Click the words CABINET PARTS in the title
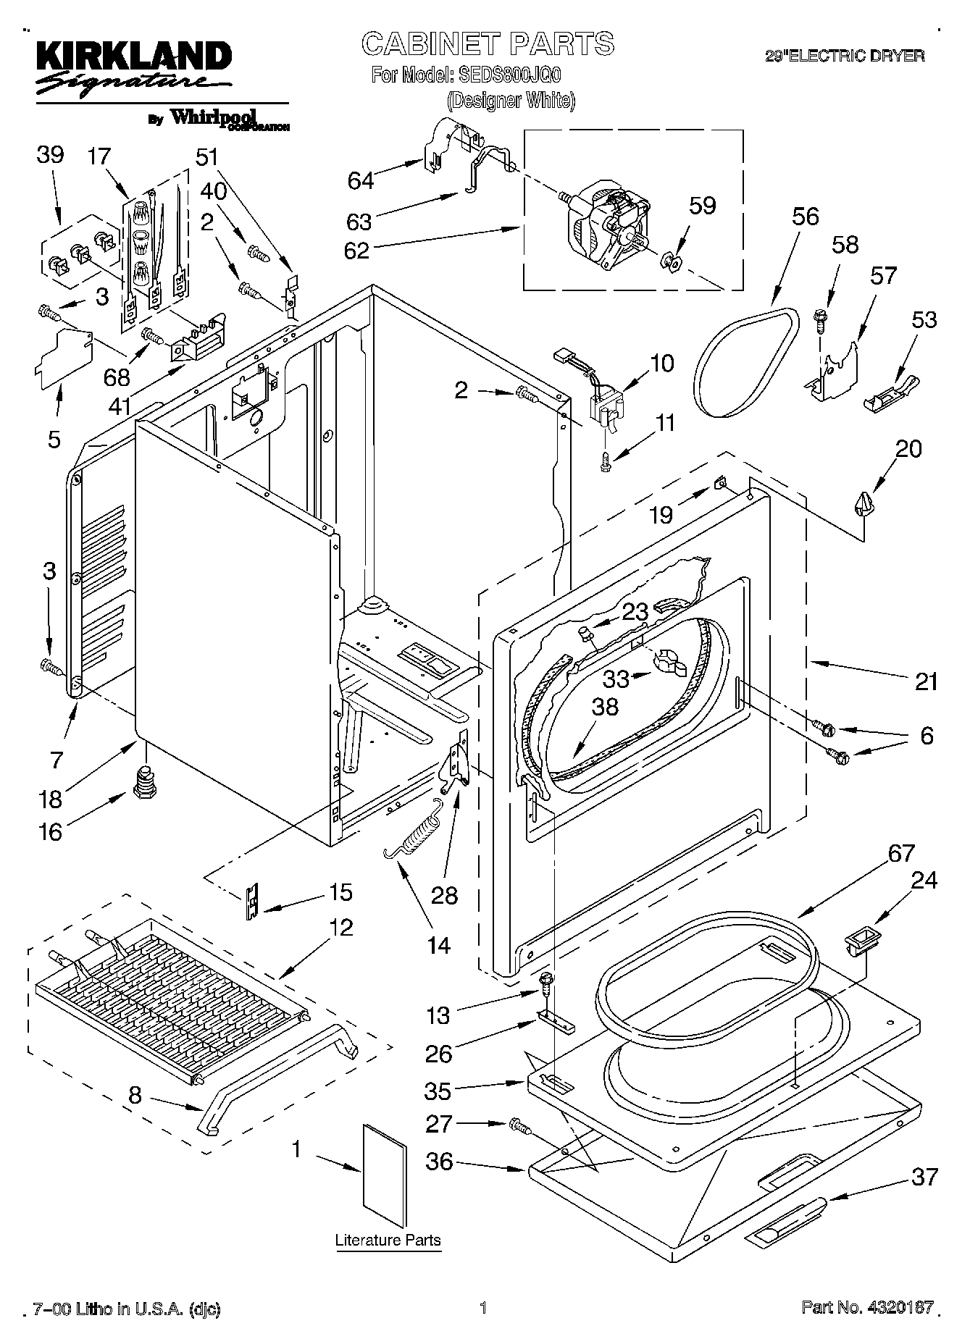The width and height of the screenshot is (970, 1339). pyautogui.click(x=488, y=44)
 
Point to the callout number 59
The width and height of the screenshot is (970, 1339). pyautogui.click(x=702, y=206)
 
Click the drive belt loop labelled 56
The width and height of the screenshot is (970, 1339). pyautogui.click(x=746, y=363)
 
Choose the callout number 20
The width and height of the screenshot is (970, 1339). pyautogui.click(x=908, y=449)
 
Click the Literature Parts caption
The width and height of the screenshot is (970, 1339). pyautogui.click(x=388, y=1240)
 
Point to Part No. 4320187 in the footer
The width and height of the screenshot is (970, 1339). pyautogui.click(x=867, y=1307)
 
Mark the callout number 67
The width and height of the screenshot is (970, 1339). pyautogui.click(x=901, y=853)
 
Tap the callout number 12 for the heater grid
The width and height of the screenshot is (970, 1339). pyautogui.click(x=341, y=927)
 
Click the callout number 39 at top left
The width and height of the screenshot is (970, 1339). pyautogui.click(x=50, y=155)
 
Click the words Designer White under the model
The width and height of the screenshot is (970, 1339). pyautogui.click(x=511, y=100)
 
